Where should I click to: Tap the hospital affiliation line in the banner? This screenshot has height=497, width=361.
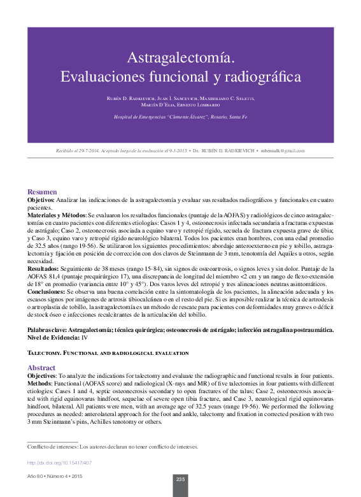pyautogui.click(x=180, y=117)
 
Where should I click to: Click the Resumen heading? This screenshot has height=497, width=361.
pyautogui.click(x=42, y=192)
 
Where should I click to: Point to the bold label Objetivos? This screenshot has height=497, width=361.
pyautogui.click(x=41, y=200)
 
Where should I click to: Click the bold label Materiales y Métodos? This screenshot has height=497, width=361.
pyautogui.click(x=57, y=217)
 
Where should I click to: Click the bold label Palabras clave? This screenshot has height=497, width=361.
pyautogui.click(x=47, y=330)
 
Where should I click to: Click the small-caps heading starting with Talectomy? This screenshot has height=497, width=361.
pyautogui.click(x=108, y=352)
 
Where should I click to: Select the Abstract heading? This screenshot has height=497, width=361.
pyautogui.click(x=42, y=368)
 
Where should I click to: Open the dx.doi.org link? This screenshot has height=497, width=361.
pyautogui.click(x=60, y=463)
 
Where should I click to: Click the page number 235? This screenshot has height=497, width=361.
pyautogui.click(x=180, y=479)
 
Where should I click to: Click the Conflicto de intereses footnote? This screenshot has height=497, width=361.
pyautogui.click(x=112, y=447)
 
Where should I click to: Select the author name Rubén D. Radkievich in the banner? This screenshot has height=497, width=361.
pyautogui.click(x=134, y=99)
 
